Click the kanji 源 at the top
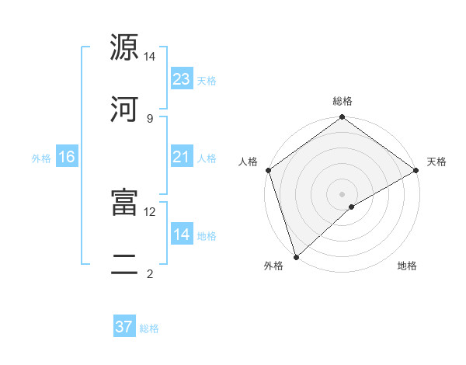[124, 48]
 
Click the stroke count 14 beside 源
[150, 57]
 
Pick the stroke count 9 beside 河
[150, 118]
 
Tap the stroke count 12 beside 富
[150, 211]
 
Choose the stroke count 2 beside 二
[150, 273]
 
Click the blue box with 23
[182, 79]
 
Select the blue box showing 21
[182, 158]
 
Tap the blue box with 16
[67, 158]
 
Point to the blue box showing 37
[124, 327]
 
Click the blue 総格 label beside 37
[149, 328]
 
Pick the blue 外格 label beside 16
[41, 158]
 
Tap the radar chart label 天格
[436, 162]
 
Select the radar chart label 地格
[407, 266]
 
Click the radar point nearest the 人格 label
[268, 170]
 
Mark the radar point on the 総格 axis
[342, 118]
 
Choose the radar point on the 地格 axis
[352, 207]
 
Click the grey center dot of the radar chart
[342, 193]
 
